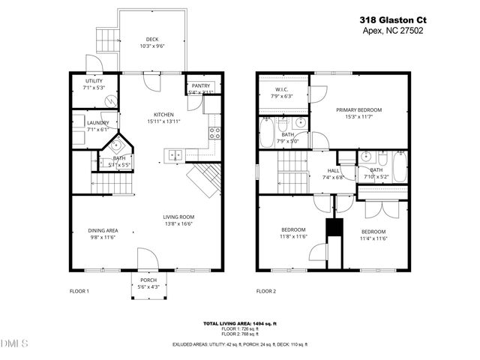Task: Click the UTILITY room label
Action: [94, 81]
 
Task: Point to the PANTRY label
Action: [201, 86]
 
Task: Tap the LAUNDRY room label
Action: [98, 123]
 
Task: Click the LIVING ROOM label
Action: [178, 217]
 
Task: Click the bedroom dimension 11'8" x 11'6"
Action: [293, 236]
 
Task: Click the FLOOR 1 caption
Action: [79, 290]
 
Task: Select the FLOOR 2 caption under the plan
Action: [266, 290]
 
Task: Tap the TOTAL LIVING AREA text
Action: [240, 323]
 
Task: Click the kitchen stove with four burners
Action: [215, 133]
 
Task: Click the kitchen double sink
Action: [175, 155]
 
